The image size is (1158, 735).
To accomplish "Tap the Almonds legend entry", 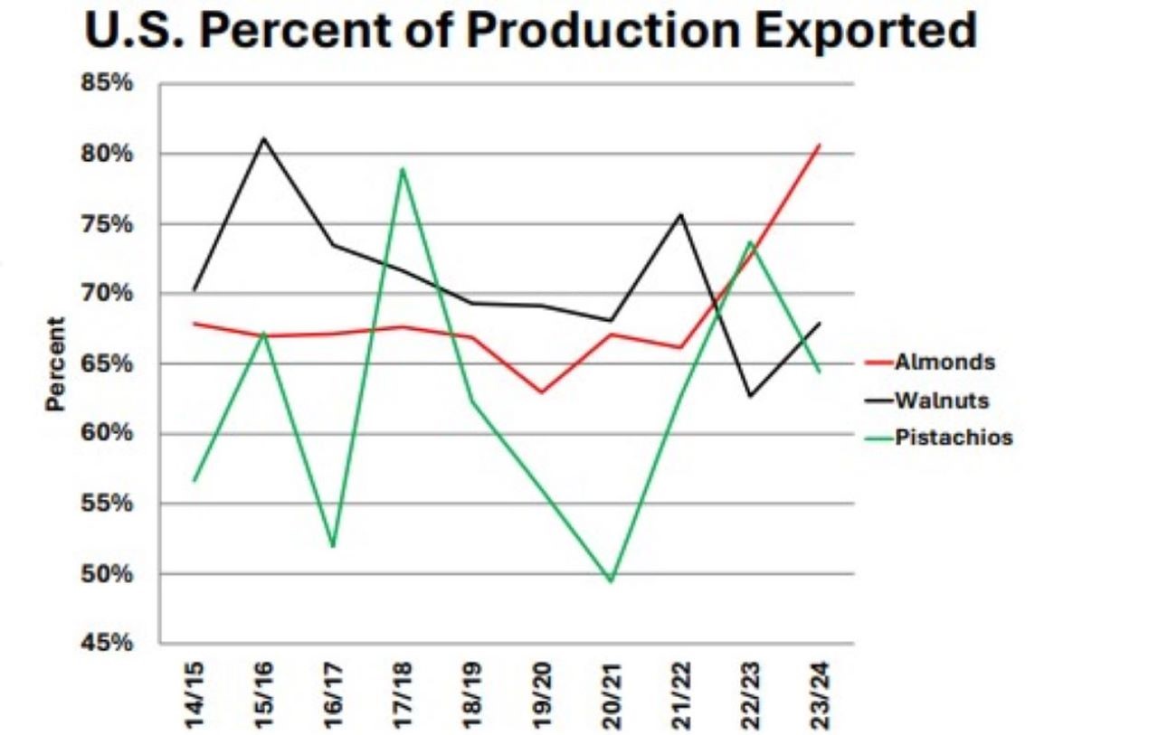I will pyautogui.click(x=944, y=363).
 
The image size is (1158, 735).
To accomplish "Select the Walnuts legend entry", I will pyautogui.click(x=942, y=400).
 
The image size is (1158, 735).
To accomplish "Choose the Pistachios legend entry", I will pyautogui.click(x=954, y=438).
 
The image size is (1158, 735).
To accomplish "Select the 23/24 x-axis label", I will pyautogui.click(x=819, y=695).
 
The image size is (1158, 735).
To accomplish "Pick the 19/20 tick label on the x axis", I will pyautogui.click(x=542, y=695).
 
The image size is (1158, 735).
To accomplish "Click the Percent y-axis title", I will pyautogui.click(x=56, y=363).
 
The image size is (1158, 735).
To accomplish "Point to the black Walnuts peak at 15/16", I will pyautogui.click(x=263, y=138).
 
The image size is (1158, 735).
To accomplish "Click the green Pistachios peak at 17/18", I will pyautogui.click(x=402, y=169).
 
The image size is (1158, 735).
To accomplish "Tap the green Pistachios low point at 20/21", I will pyautogui.click(x=611, y=581).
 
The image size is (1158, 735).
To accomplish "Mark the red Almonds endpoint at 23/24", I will pyautogui.click(x=819, y=145).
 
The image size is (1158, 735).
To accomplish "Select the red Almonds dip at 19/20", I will pyautogui.click(x=541, y=392).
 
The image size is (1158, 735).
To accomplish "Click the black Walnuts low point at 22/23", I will pyautogui.click(x=749, y=396).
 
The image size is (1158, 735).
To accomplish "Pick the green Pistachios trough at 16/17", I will pyautogui.click(x=333, y=546).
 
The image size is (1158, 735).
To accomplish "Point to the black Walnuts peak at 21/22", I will pyautogui.click(x=680, y=214).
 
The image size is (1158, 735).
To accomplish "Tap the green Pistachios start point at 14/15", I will pyautogui.click(x=195, y=480).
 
